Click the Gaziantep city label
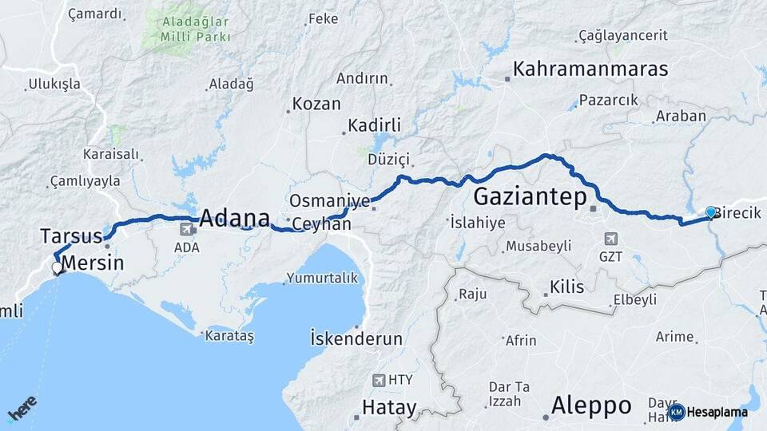531,196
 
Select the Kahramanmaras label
590,69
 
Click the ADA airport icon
187,230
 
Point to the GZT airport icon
610,239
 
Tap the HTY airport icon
378,381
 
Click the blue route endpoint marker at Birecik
710,212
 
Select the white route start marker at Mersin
57,269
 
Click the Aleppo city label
591,405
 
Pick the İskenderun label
356,338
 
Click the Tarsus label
71,236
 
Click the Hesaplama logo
709,412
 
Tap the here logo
22,409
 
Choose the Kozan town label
316,104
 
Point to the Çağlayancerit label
627,36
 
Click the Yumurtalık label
324,279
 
